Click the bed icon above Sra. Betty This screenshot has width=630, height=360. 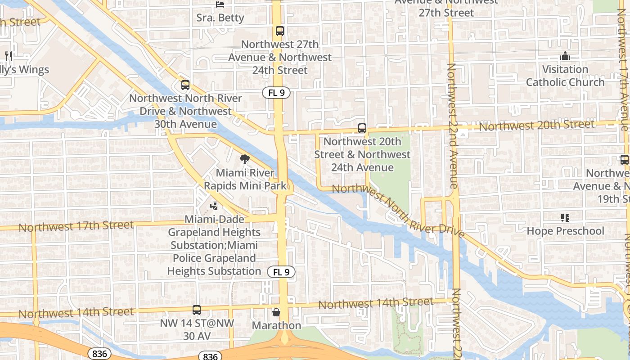(x=220, y=4)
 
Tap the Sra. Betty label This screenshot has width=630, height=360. (x=220, y=18)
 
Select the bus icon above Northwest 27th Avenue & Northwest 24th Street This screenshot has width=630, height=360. (x=280, y=31)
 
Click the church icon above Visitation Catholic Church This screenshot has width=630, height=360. (x=565, y=56)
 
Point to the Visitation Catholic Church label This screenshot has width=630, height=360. (x=565, y=76)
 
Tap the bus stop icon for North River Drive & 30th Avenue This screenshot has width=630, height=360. (x=185, y=85)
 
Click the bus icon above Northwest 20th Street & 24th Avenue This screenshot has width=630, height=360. (x=362, y=128)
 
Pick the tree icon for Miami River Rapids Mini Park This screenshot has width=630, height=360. (x=245, y=159)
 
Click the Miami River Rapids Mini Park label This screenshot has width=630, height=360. (x=245, y=179)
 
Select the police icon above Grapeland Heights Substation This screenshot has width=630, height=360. (x=214, y=206)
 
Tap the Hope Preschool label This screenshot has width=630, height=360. (x=565, y=231)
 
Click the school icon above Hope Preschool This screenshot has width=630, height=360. (x=565, y=218)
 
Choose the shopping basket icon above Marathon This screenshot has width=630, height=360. (x=276, y=312)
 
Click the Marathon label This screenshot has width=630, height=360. (x=276, y=325)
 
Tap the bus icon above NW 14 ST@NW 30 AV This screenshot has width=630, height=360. (x=197, y=310)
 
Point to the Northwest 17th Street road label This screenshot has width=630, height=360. (x=76, y=225)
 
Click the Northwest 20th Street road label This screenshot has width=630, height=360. (x=536, y=125)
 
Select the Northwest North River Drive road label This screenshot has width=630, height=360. (x=398, y=211)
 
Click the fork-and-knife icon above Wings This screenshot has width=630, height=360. (x=8, y=56)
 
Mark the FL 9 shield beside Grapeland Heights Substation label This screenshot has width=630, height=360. (x=281, y=272)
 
